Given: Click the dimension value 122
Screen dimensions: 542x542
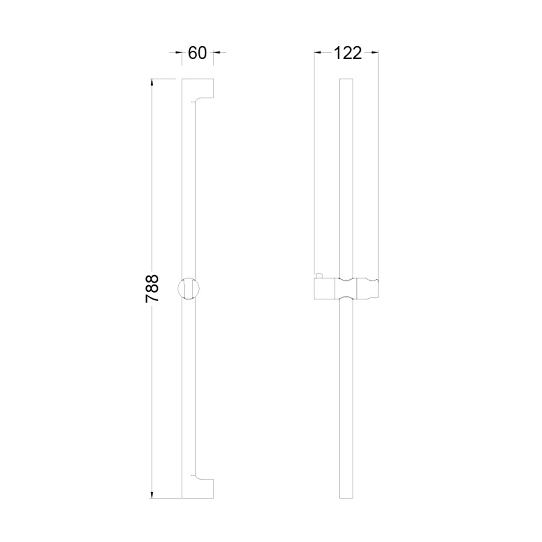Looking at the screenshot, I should [348, 53].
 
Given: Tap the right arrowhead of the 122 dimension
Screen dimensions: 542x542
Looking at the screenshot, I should [375, 52].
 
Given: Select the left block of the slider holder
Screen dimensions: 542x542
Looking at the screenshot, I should [324, 289].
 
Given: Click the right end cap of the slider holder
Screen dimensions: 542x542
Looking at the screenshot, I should [367, 289].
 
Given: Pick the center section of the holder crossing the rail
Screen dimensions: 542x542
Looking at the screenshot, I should [346, 289].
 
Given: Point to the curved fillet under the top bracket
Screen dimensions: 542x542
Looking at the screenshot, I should [197, 100].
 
